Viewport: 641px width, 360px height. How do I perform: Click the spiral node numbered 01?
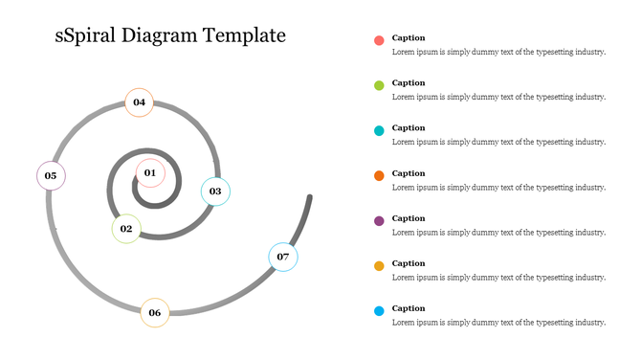point(150,172)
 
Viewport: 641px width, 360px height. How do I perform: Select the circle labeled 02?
point(125,229)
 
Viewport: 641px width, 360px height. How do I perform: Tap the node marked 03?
point(215,191)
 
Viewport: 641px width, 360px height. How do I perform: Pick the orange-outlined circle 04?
point(139,102)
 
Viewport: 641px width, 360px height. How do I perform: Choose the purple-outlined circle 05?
point(51,175)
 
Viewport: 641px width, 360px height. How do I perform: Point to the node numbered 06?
point(154,312)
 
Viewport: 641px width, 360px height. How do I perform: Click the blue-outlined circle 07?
point(282,257)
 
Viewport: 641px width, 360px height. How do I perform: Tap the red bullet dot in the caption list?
point(379,40)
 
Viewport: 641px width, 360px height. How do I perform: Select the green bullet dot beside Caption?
point(379,85)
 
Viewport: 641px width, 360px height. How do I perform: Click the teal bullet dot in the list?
point(379,130)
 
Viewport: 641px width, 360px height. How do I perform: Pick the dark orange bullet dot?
point(379,176)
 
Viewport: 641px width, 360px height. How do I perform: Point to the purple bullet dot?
point(379,221)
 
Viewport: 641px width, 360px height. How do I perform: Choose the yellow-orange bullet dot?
point(379,266)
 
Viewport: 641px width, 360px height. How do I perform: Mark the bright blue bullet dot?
point(379,311)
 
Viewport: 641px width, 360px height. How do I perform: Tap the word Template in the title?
point(243,36)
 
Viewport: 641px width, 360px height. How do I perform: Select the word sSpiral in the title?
point(87,37)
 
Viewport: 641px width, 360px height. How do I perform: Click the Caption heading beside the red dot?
point(409,37)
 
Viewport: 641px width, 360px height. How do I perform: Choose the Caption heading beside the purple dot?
point(409,218)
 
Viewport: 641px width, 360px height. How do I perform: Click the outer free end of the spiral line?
point(310,198)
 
